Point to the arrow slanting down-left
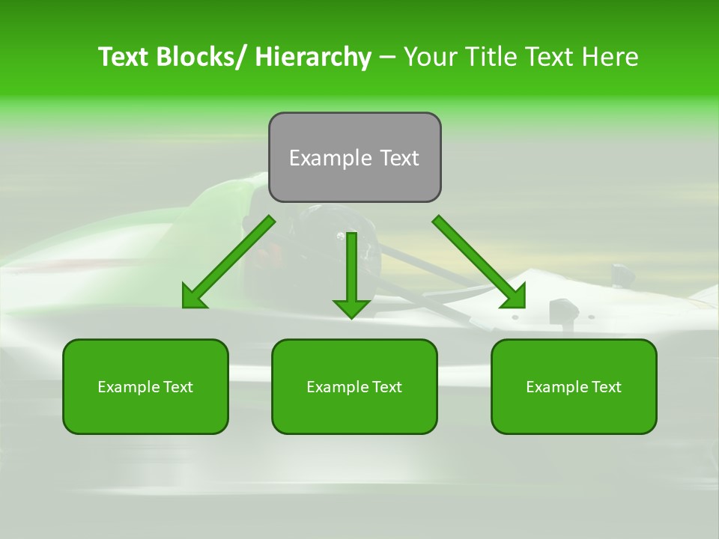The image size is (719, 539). [228, 262]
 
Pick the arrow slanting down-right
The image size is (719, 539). [479, 262]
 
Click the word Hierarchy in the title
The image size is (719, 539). [313, 57]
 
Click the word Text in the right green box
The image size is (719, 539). [605, 387]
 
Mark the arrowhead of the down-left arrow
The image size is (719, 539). [193, 297]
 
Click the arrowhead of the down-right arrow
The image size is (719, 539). [515, 297]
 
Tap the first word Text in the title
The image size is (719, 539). [124, 57]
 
